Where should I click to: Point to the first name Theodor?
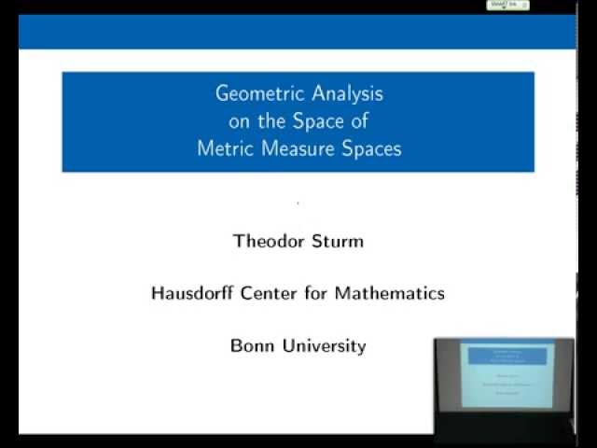269,241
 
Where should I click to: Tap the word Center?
274,293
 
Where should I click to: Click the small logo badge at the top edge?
507,5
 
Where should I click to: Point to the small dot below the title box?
298,203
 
